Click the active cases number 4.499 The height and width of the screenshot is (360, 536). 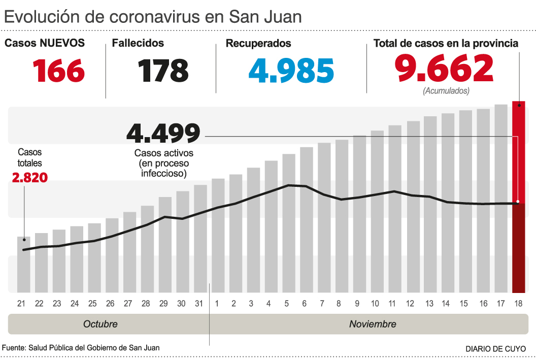(x=163, y=134)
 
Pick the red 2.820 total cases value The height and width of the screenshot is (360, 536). (x=29, y=178)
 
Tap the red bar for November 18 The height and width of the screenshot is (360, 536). (x=518, y=198)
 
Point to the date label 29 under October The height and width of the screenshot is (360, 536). (x=163, y=304)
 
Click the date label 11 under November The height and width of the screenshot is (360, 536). (x=392, y=304)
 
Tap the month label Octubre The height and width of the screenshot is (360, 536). (x=100, y=324)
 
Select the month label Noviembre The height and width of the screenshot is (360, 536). (x=373, y=324)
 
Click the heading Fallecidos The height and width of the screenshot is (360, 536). (x=138, y=43)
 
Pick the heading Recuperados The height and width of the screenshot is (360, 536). (x=258, y=44)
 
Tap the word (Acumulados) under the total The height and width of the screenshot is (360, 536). (x=446, y=91)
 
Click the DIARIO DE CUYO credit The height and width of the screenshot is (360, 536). (x=495, y=349)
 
